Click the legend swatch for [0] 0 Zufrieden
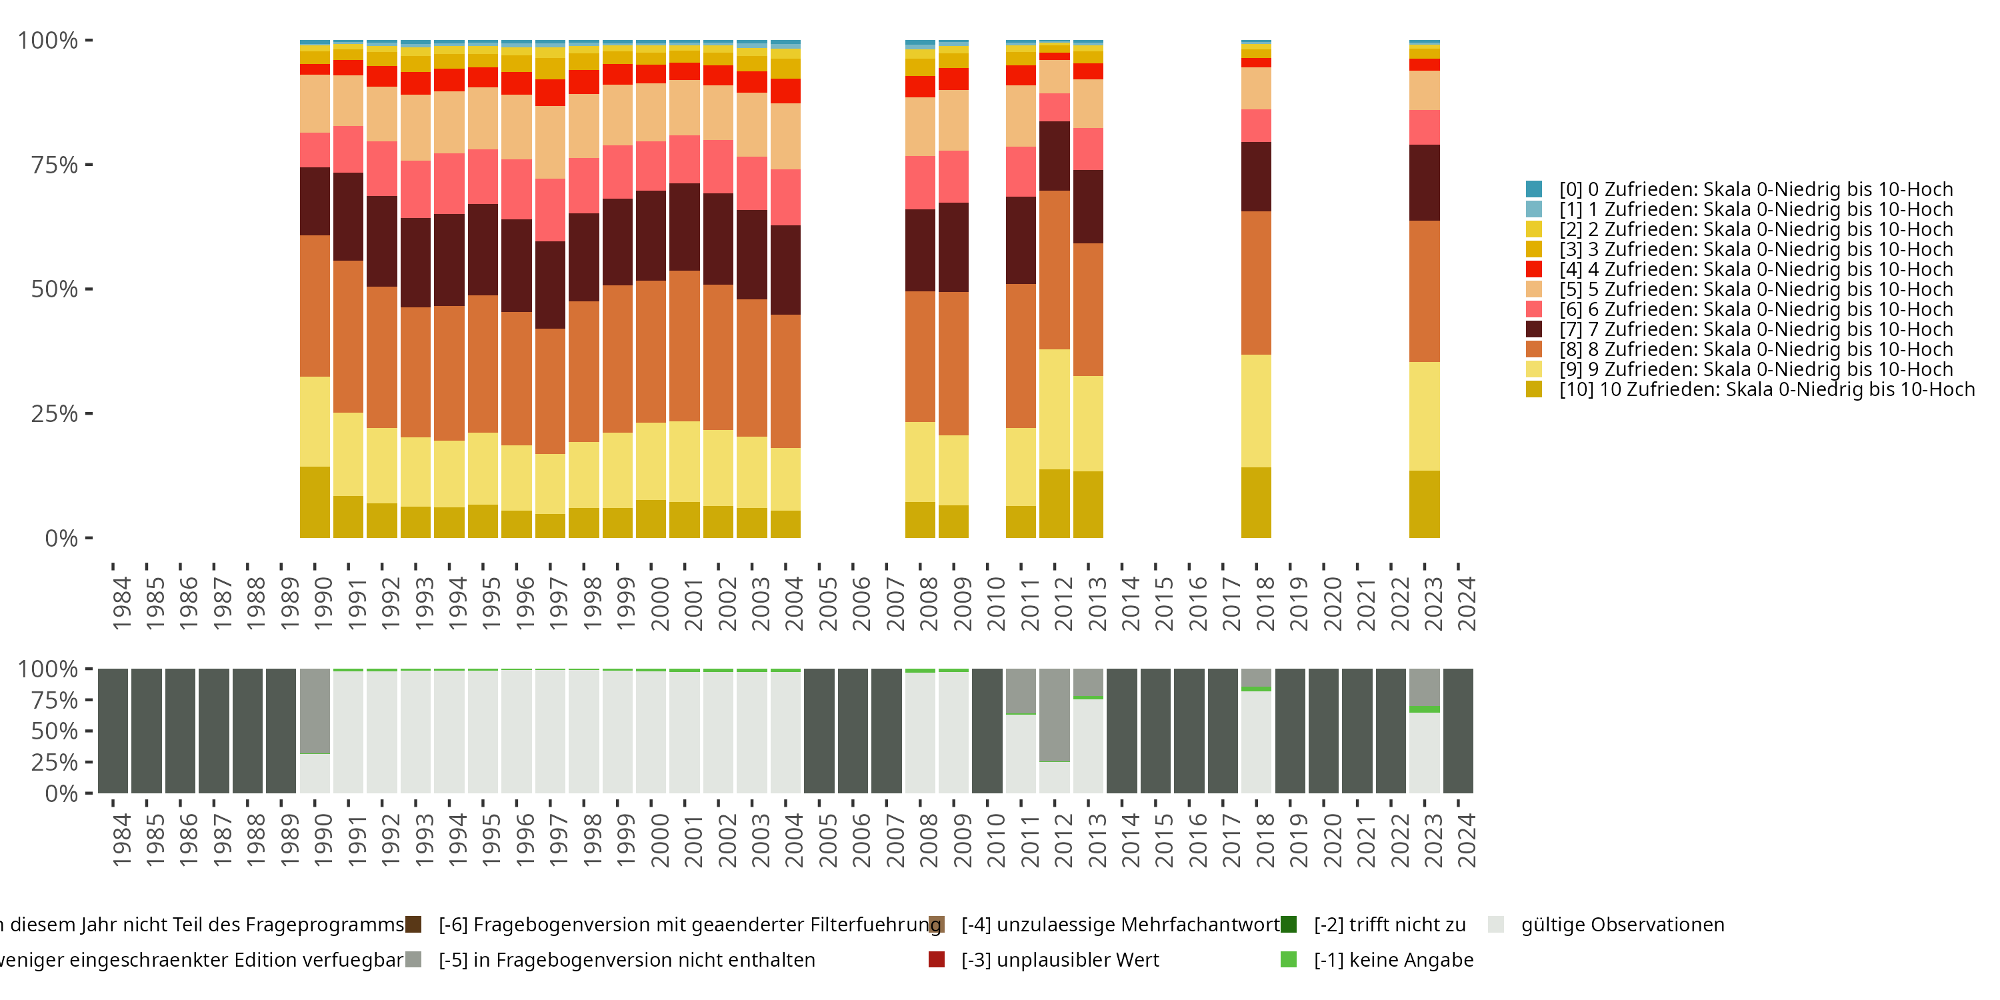[1533, 189]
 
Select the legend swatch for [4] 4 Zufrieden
[1533, 269]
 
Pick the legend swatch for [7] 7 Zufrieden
[1533, 329]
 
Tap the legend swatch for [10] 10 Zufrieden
[1533, 389]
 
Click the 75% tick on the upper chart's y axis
[89, 165]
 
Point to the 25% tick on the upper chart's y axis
[89, 413]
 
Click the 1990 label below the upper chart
[323, 603]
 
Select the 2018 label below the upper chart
[1265, 603]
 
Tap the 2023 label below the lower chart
[1433, 840]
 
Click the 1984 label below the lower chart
[121, 840]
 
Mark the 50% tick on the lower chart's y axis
[89, 731]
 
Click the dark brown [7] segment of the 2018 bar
[1256, 176]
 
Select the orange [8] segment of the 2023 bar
[1424, 291]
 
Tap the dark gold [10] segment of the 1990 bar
[315, 501]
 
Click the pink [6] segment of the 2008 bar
[920, 183]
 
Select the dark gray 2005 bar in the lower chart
[819, 731]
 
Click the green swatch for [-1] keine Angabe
[1289, 959]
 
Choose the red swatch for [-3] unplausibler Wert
[937, 959]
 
